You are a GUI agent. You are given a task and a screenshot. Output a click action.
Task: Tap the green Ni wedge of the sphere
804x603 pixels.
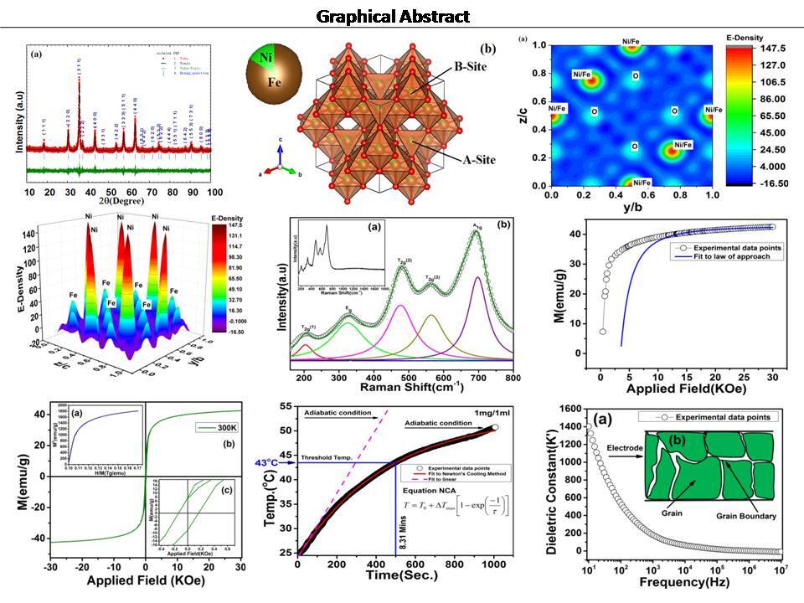(x=267, y=59)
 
